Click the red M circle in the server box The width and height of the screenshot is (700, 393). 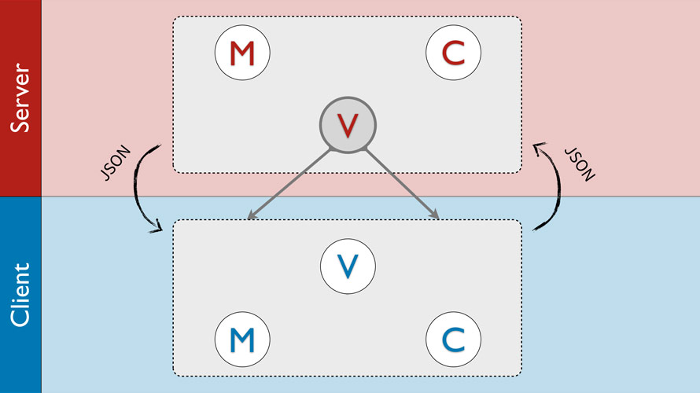(242, 53)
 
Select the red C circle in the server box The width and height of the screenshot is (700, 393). (453, 53)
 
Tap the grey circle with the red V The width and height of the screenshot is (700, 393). (348, 123)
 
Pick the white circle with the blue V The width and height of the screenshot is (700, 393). (348, 265)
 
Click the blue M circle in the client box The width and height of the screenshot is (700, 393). (242, 339)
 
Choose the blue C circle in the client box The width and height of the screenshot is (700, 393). (453, 339)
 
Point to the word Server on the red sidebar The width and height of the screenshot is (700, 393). (20, 98)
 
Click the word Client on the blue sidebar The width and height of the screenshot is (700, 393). (20, 295)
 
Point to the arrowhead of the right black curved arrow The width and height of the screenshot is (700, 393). (538, 146)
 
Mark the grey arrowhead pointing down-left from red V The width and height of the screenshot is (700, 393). (251, 217)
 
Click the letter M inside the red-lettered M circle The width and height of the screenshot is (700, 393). (242, 53)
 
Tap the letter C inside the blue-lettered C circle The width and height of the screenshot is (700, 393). (453, 339)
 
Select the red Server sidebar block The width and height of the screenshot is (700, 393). (20, 31)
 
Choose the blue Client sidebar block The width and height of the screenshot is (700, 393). (20, 362)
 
